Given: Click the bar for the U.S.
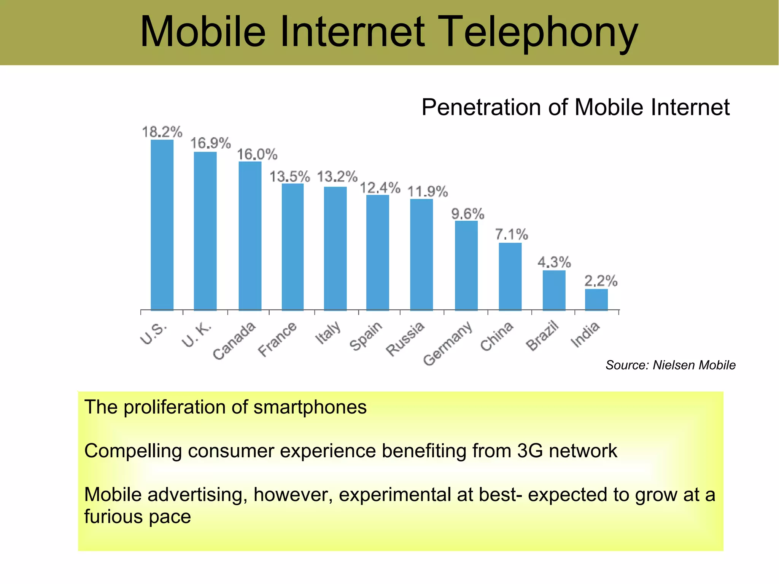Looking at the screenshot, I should pos(162,225).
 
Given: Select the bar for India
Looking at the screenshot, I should pos(596,299).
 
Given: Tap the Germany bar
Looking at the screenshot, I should pos(466,265).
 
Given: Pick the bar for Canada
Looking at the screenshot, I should pos(250,236).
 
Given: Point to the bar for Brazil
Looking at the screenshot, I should pos(554,290).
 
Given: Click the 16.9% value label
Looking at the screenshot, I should pos(210,143).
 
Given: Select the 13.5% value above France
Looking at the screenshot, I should pos(290,177).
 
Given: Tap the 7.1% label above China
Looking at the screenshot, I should pos(511,234).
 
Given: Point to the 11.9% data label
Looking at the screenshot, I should pos(428,192).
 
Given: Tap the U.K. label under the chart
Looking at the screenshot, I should pos(197,335).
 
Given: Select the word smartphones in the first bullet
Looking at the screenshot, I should pos(310,407).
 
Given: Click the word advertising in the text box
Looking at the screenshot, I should pos(195,495).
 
